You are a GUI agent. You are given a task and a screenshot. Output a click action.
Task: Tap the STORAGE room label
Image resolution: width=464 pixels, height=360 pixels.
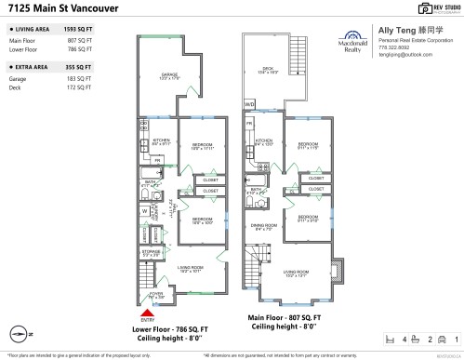click(x=152, y=250)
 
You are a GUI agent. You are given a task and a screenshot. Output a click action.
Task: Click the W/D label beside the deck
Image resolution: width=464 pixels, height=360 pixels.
click(x=249, y=104)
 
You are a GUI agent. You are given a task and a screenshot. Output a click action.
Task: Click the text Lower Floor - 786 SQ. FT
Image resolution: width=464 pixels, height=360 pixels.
click(x=171, y=328)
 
